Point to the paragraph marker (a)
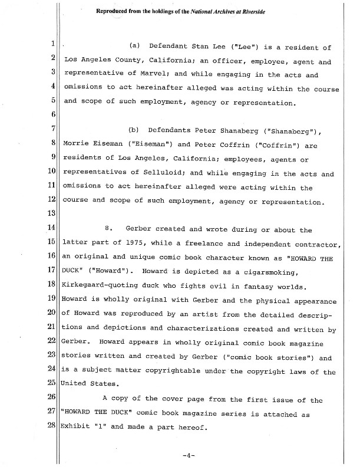(x=135, y=47)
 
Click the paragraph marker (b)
(x=135, y=130)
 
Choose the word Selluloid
(x=166, y=174)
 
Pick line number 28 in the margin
(x=52, y=426)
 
